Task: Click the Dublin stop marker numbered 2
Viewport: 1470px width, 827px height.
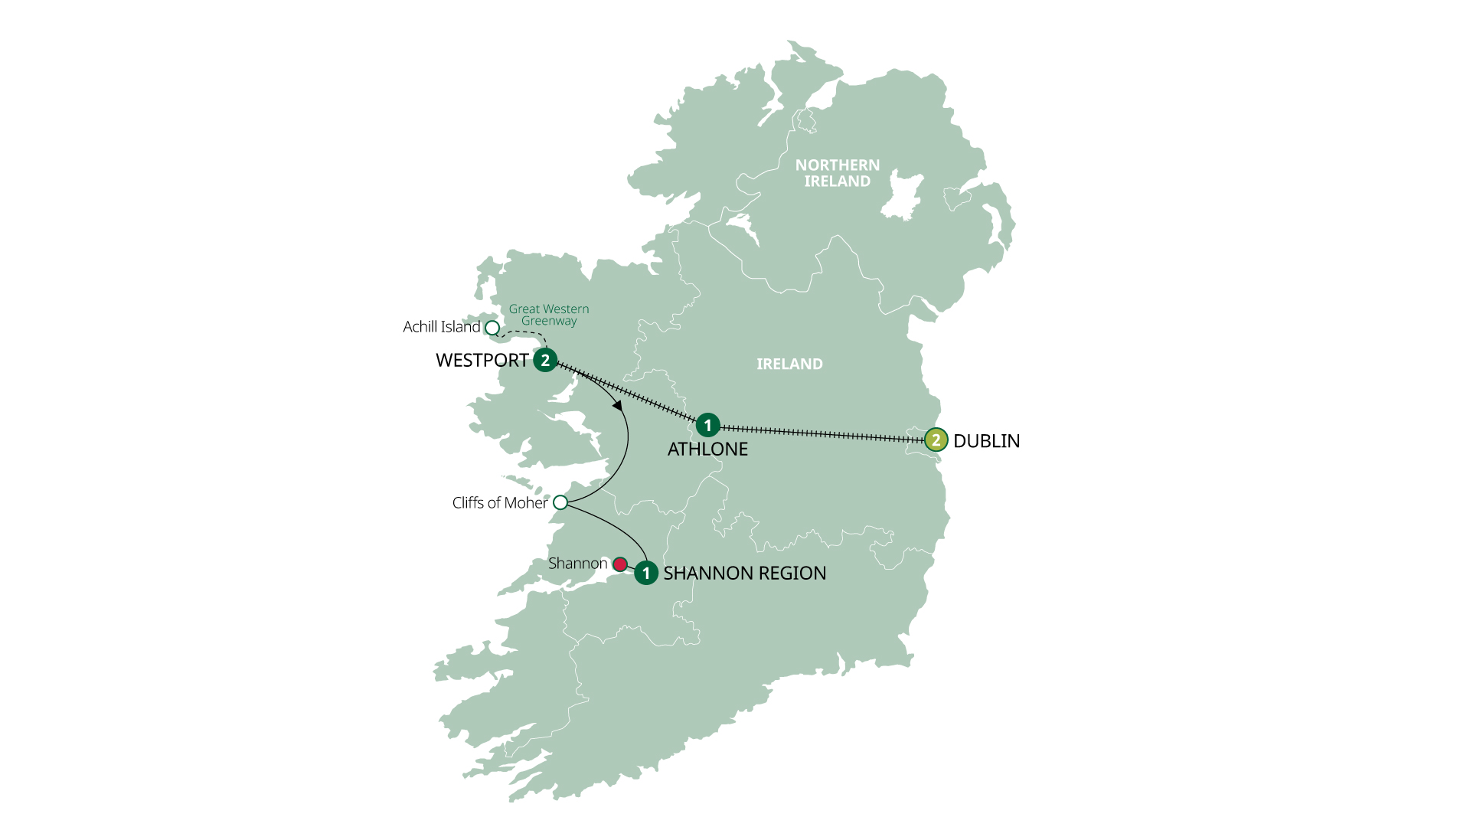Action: pyautogui.click(x=936, y=440)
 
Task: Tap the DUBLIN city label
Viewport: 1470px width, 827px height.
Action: pyautogui.click(x=986, y=441)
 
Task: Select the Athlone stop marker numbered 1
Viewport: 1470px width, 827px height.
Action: pyautogui.click(x=707, y=425)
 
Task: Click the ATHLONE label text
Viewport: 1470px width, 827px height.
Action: pyautogui.click(x=707, y=449)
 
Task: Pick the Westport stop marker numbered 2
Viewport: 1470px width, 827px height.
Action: pyautogui.click(x=545, y=360)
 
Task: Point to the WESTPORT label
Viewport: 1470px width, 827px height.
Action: pyautogui.click(x=482, y=361)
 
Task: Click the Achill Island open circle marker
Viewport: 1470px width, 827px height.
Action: pyautogui.click(x=492, y=328)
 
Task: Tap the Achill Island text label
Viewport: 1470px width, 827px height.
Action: pyautogui.click(x=441, y=327)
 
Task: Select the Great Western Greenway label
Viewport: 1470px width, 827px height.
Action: pyautogui.click(x=549, y=315)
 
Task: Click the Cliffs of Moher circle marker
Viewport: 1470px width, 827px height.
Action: pyautogui.click(x=560, y=502)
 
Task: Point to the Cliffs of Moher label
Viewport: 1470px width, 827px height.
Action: pyautogui.click(x=499, y=503)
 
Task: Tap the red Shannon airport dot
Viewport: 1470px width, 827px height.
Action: pyautogui.click(x=620, y=564)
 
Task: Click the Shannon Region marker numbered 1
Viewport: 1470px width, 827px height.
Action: pyautogui.click(x=646, y=573)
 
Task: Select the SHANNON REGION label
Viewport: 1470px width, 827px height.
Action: pyautogui.click(x=744, y=574)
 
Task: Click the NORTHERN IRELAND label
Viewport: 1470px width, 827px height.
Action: pyautogui.click(x=837, y=173)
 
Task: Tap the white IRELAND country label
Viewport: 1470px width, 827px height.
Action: pyautogui.click(x=789, y=364)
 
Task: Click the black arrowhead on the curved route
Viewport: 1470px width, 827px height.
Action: pyautogui.click(x=618, y=406)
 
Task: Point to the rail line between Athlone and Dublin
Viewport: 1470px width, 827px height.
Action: pyautogui.click(x=819, y=433)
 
